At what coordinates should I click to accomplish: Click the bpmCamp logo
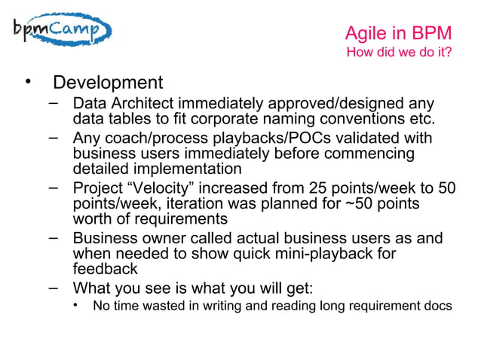coord(61,32)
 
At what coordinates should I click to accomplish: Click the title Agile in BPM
coord(398,34)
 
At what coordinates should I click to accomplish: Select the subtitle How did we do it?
coord(399,53)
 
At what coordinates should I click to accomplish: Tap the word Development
coord(108,82)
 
